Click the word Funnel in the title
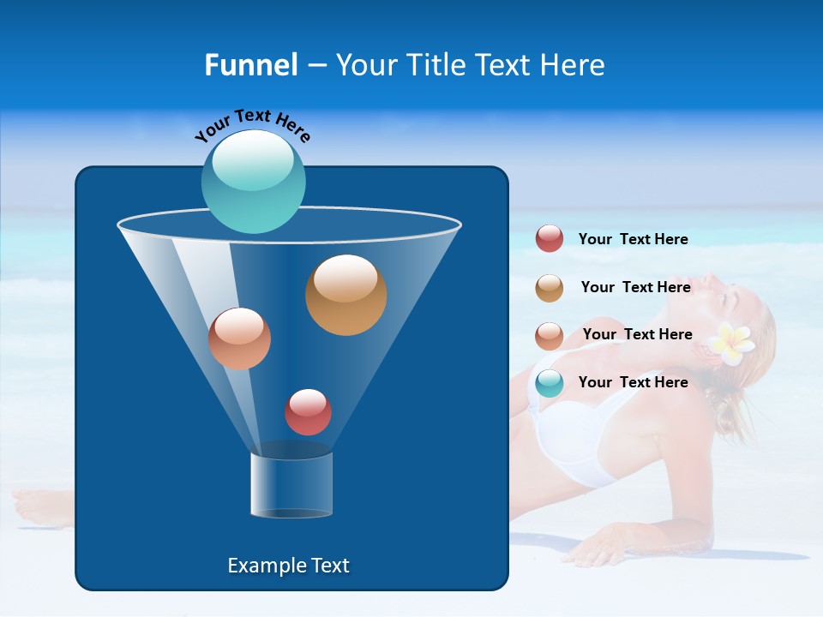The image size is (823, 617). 250,65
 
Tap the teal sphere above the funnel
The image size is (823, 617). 253,181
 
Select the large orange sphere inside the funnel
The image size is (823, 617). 345,295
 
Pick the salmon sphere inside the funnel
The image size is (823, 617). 239,338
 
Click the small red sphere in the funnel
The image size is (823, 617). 308,412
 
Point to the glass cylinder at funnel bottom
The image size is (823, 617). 291,485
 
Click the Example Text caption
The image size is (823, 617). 288,566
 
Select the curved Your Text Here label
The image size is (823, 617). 252,125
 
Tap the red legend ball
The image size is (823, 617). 550,238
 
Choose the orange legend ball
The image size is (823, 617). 550,288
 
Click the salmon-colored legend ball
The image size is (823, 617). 550,336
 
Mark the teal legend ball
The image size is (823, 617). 550,383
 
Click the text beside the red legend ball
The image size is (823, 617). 633,239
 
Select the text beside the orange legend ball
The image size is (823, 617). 635,287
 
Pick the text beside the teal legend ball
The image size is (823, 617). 633,382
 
